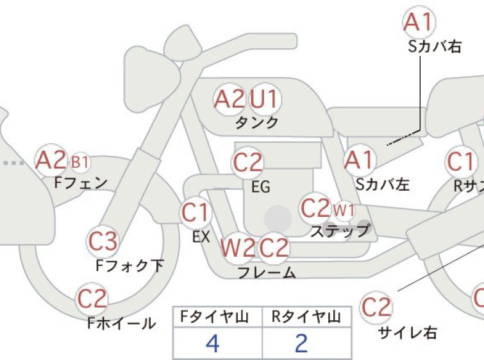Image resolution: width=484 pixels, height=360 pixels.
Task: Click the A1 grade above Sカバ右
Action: tap(419, 22)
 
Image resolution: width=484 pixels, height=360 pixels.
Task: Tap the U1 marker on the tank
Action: tap(265, 99)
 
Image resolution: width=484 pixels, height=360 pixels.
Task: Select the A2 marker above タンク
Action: tap(229, 99)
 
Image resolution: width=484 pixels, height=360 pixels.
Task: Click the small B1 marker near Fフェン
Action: tap(80, 162)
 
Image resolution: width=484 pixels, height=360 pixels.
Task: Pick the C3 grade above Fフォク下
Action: tap(103, 241)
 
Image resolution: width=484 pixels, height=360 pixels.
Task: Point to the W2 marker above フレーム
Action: tap(238, 248)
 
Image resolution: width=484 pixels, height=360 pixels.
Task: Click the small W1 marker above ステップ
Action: tap(344, 210)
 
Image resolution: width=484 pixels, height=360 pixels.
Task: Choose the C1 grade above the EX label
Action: tap(196, 212)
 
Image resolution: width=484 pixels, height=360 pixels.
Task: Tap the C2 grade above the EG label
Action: tap(247, 162)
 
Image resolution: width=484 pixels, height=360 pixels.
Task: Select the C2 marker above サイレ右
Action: tap(376, 307)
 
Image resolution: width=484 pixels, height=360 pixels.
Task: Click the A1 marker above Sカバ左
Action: tap(360, 160)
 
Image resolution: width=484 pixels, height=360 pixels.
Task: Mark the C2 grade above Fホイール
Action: tap(92, 298)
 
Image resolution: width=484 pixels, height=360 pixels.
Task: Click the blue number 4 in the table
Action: tap(213, 343)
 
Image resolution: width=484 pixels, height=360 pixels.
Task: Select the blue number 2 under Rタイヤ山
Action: tap(301, 343)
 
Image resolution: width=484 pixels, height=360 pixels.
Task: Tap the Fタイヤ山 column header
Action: tap(215, 317)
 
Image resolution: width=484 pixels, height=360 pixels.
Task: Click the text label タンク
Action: tap(257, 123)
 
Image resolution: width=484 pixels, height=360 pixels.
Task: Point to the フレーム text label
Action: tap(267, 273)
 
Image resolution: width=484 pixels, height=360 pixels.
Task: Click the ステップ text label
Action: tap(340, 230)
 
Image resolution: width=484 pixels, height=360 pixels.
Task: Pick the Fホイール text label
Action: tap(121, 323)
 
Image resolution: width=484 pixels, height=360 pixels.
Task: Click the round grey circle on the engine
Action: tap(278, 219)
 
